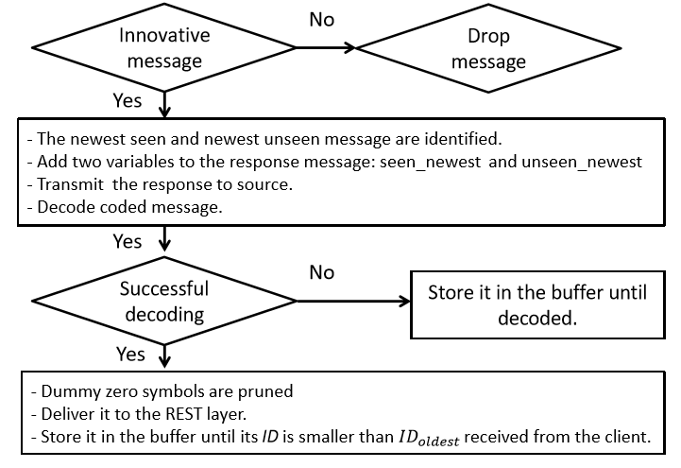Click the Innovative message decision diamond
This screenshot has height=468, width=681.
tap(164, 48)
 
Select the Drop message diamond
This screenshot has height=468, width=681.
tap(488, 48)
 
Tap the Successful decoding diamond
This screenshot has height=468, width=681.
tap(164, 301)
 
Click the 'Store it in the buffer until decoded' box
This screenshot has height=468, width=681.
tap(537, 305)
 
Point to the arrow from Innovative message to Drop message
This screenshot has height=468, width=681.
tap(326, 48)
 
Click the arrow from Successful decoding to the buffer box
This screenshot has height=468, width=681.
tap(353, 301)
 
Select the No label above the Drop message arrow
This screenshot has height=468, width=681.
tap(322, 20)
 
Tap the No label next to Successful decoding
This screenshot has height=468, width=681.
tap(322, 273)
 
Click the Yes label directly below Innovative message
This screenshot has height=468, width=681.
tap(128, 101)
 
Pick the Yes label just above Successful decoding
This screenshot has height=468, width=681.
tap(128, 242)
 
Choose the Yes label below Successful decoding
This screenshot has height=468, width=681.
tap(130, 355)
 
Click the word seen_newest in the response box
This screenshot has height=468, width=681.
tap(430, 162)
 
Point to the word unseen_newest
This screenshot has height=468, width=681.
tap(582, 162)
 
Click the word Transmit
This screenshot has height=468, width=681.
tap(70, 184)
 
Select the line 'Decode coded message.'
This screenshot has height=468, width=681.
tap(125, 207)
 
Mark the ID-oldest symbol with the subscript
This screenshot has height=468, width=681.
tap(429, 438)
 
